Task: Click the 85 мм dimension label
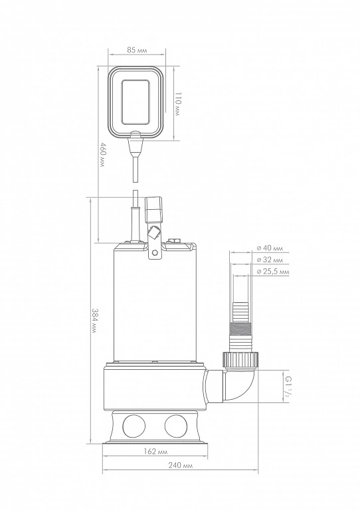(137, 50)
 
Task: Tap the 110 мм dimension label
(177, 104)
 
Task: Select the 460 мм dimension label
(102, 155)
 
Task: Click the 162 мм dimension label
(155, 452)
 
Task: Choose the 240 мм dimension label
(181, 466)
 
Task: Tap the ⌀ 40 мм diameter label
(270, 248)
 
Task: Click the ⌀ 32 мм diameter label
(270, 260)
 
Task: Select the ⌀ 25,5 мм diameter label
(273, 272)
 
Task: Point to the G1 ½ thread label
(288, 384)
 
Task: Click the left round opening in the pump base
(134, 426)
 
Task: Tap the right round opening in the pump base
(176, 426)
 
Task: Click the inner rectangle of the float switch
(136, 102)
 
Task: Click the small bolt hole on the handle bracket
(155, 253)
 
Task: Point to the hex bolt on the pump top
(174, 241)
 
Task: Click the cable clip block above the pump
(153, 210)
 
